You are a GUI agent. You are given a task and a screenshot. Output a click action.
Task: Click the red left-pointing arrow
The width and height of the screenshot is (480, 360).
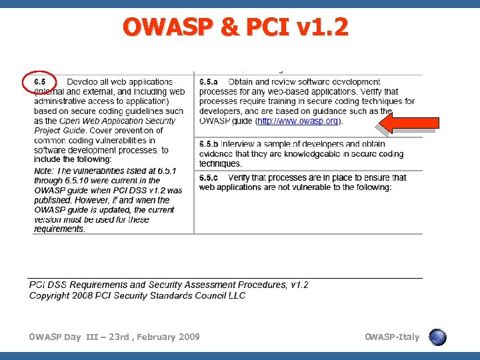pos(407,122)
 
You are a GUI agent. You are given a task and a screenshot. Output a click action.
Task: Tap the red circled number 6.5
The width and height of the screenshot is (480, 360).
pos(42,82)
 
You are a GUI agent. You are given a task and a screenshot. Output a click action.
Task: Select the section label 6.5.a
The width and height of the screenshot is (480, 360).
pos(209,82)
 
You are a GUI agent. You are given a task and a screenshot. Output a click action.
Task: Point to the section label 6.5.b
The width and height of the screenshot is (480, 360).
pos(209,144)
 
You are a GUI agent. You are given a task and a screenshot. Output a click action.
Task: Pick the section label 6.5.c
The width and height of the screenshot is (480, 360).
pos(209,177)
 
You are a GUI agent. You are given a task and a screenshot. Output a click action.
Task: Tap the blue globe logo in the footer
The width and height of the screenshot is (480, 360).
pos(437,337)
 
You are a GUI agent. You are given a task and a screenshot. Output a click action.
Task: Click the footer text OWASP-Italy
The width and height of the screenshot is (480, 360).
pos(392,337)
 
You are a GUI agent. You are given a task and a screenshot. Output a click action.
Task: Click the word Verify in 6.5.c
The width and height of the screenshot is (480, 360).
pos(241,177)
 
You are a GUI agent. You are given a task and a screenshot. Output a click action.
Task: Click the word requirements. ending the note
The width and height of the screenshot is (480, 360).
pos(60,229)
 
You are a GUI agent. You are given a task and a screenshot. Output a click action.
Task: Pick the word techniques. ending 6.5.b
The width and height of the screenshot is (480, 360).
pos(221,163)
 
